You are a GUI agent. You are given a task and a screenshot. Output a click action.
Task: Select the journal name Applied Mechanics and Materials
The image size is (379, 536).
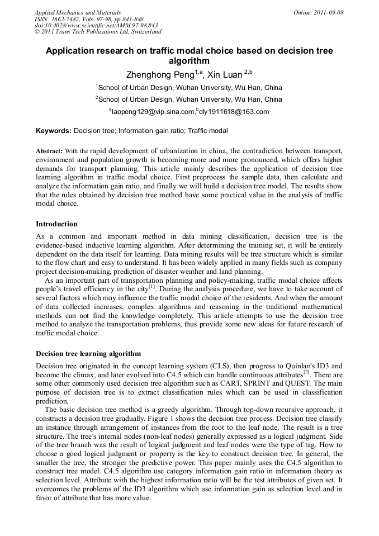point(78,12)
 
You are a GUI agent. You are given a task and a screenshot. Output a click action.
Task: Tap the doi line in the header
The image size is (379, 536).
point(96,25)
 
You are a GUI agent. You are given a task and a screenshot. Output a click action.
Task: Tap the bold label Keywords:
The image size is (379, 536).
point(54,131)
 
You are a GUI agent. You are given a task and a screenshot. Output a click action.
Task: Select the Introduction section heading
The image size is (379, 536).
point(56,224)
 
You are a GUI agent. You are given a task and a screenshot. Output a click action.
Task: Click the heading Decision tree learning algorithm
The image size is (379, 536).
point(88,354)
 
